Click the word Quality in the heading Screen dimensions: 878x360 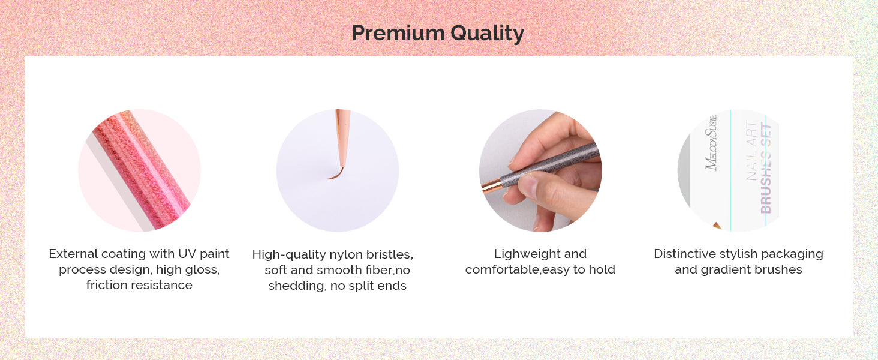click(487, 34)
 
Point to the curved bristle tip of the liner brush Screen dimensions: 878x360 click(336, 174)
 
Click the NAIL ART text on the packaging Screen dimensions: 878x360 click(752, 151)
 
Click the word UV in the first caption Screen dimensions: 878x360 click(187, 254)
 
